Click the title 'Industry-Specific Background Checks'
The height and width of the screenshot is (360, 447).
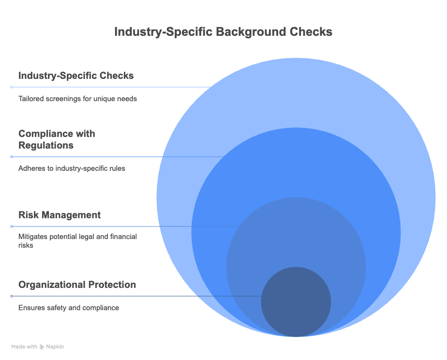point(223,31)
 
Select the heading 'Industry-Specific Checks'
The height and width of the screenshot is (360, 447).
point(76,76)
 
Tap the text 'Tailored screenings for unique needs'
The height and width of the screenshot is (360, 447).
point(77,99)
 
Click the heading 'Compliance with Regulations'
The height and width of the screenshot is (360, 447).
point(57,139)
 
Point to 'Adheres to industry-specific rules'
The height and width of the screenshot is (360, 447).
point(72,168)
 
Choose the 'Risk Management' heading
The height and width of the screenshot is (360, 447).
point(60,215)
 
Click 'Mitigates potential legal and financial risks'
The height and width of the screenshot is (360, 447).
point(77,241)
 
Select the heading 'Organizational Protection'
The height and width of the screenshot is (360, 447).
point(77,285)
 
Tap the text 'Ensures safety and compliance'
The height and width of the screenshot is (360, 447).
point(69,308)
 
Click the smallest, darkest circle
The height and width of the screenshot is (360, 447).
point(296,302)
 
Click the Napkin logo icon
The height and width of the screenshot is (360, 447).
point(42,347)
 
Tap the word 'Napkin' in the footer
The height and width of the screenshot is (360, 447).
point(55,347)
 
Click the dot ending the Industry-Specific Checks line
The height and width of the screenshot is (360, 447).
point(12,87)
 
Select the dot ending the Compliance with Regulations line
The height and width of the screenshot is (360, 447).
point(12,157)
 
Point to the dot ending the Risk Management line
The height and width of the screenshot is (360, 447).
point(12,226)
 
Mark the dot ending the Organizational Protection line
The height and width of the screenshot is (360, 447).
point(12,296)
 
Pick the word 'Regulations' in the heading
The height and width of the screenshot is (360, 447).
point(46,145)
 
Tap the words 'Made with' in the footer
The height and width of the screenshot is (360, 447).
point(24,347)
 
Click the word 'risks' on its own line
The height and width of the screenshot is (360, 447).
point(26,245)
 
